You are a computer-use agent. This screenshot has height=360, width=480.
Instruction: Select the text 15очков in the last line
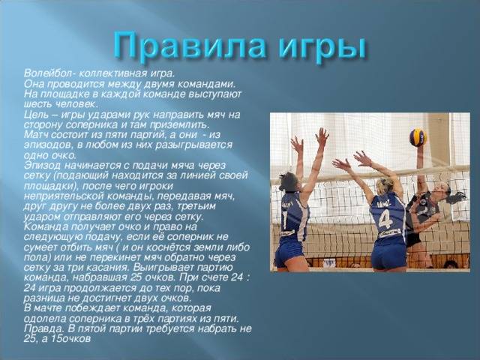pos(70,339)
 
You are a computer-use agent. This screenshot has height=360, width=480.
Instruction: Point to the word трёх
pos(143,318)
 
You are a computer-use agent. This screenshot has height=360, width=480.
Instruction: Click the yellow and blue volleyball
pos(418,137)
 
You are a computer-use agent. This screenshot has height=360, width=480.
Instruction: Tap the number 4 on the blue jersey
pos(385,218)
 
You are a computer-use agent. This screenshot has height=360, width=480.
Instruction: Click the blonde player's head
pos(385,187)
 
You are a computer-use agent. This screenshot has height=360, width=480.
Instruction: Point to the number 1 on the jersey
pos(285,220)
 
